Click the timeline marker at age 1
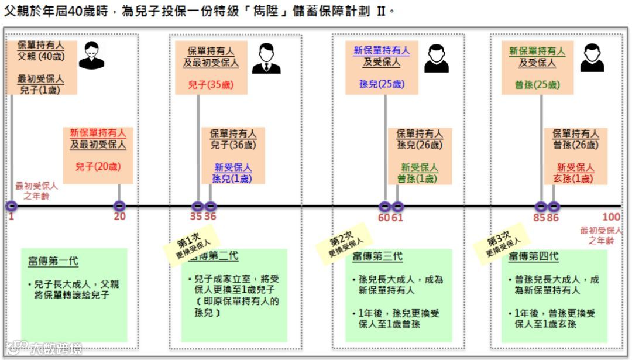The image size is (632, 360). click(12, 206)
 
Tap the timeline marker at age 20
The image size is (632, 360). click(119, 206)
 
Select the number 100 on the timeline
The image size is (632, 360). click(611, 217)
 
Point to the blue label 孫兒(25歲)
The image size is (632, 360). click(382, 84)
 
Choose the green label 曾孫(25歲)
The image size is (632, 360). click(537, 85)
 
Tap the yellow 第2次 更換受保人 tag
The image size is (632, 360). click(345, 241)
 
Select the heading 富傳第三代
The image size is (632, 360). click(377, 258)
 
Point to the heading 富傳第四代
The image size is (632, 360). click(533, 257)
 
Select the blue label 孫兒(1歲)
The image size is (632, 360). click(232, 179)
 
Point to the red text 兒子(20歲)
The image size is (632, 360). click(98, 166)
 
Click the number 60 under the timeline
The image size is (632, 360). click(384, 217)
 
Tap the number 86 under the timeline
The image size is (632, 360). click(553, 217)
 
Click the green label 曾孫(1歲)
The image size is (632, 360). click(417, 179)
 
